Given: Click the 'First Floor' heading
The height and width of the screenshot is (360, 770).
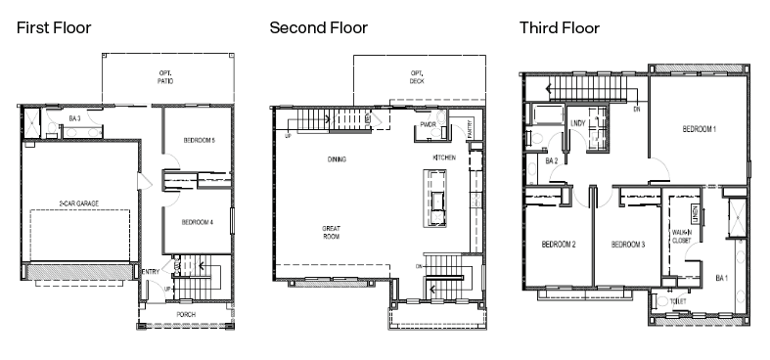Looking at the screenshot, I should pyautogui.click(x=54, y=27).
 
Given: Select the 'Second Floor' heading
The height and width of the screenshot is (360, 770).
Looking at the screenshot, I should pyautogui.click(x=319, y=27).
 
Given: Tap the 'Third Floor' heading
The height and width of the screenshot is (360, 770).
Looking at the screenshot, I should pyautogui.click(x=560, y=27).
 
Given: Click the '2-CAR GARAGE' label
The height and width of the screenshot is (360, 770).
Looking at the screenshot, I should pyautogui.click(x=78, y=203).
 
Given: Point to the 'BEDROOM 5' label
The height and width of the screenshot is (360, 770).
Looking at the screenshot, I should pyautogui.click(x=199, y=141).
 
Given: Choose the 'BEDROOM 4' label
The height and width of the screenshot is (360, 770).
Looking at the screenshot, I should pyautogui.click(x=199, y=221).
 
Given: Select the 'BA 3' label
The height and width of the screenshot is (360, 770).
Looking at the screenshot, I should pyautogui.click(x=74, y=119).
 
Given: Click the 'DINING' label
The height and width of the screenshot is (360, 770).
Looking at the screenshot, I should pyautogui.click(x=339, y=158).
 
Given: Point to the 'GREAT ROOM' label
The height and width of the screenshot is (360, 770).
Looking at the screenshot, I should pyautogui.click(x=332, y=233).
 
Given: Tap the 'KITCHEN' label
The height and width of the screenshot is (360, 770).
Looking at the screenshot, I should pyautogui.click(x=445, y=157).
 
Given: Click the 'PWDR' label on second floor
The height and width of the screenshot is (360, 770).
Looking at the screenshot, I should pyautogui.click(x=428, y=125).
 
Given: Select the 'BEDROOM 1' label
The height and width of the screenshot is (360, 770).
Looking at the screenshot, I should pyautogui.click(x=699, y=129).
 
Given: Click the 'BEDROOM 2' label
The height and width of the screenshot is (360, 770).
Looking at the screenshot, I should pyautogui.click(x=558, y=244).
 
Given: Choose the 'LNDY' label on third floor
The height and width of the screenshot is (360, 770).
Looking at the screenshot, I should pyautogui.click(x=578, y=123).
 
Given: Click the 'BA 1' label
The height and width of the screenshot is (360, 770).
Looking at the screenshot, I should pyautogui.click(x=722, y=279).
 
